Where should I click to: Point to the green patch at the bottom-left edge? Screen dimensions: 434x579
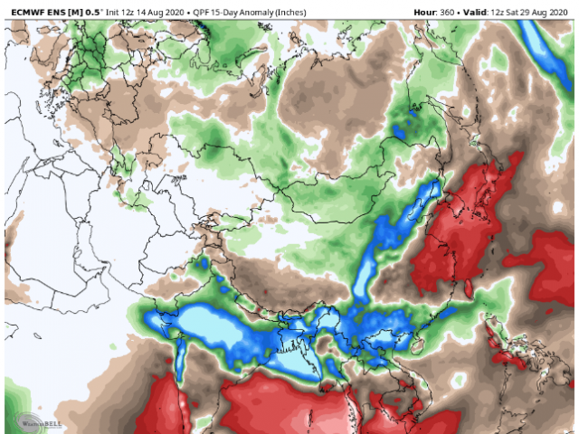click(x=14, y=398)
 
